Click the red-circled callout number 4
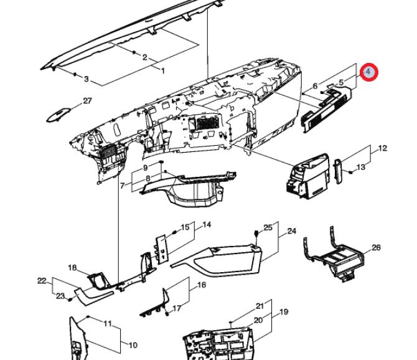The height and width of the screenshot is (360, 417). [368, 72]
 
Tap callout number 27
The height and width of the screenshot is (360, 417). [88, 101]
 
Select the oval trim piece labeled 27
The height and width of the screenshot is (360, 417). [58, 115]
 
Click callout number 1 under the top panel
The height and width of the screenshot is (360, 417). [163, 70]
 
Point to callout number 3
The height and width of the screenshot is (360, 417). [86, 79]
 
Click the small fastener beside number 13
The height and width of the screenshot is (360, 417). [350, 173]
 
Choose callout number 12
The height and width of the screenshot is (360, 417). [382, 148]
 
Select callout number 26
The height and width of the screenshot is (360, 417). [376, 247]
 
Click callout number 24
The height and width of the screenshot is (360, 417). [292, 231]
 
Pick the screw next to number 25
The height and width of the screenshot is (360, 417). [256, 234]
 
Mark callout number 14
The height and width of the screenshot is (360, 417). [207, 225]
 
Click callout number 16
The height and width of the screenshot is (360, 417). [202, 285]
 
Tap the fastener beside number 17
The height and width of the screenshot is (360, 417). [167, 314]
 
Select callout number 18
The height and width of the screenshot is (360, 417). [72, 268]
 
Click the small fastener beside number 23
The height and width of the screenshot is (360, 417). [70, 300]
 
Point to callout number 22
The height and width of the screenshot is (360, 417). [42, 281]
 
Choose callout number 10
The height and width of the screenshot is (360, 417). [133, 346]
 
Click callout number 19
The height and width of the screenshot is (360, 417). [284, 311]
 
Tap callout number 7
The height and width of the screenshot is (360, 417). [123, 186]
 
